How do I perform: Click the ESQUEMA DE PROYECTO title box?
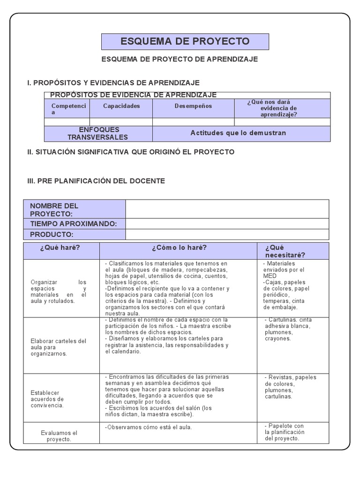(185, 41)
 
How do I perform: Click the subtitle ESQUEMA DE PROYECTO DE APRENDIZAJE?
(180, 60)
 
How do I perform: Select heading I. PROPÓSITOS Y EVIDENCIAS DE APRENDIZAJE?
(113, 83)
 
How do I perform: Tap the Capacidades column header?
(121, 106)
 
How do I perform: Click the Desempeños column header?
(193, 106)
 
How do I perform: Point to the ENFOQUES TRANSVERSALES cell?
(98, 134)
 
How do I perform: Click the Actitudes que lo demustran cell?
(238, 133)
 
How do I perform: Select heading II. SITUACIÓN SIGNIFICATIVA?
(131, 152)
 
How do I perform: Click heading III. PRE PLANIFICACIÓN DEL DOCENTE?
(96, 181)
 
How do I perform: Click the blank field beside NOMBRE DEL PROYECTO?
(227, 209)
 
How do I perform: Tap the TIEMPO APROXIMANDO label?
(74, 224)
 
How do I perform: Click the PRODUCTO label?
(52, 234)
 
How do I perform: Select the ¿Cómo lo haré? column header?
(179, 248)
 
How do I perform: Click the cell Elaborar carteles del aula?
(59, 347)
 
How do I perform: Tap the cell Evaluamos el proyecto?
(59, 436)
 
